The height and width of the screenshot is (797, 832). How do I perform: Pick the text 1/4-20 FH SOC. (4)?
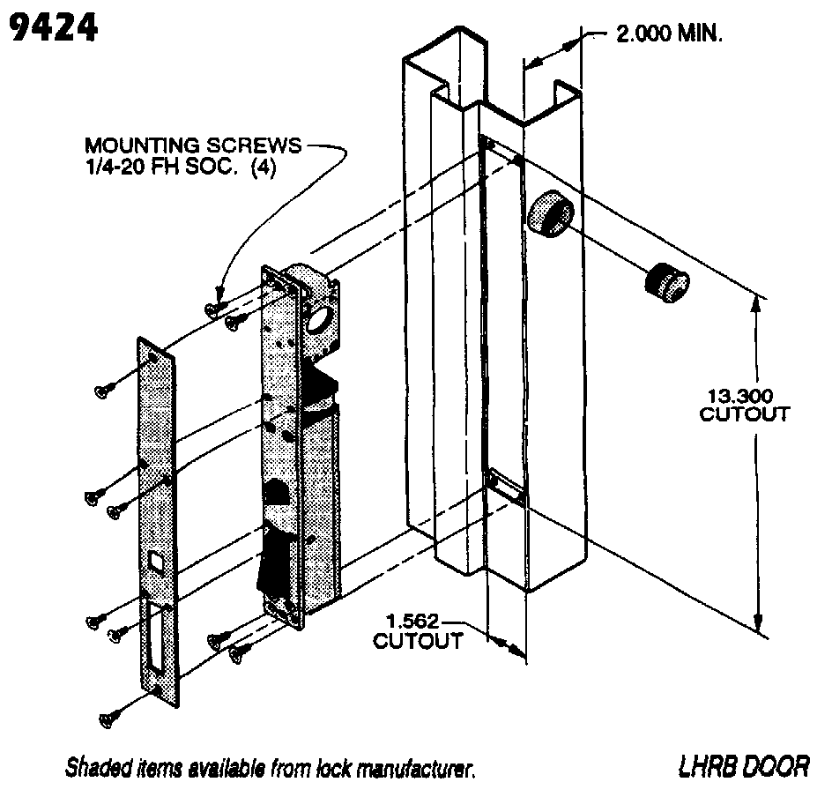pyautogui.click(x=180, y=167)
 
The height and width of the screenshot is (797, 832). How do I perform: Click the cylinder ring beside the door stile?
pyautogui.click(x=551, y=212)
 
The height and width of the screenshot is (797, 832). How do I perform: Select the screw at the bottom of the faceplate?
pyautogui.click(x=111, y=720)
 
